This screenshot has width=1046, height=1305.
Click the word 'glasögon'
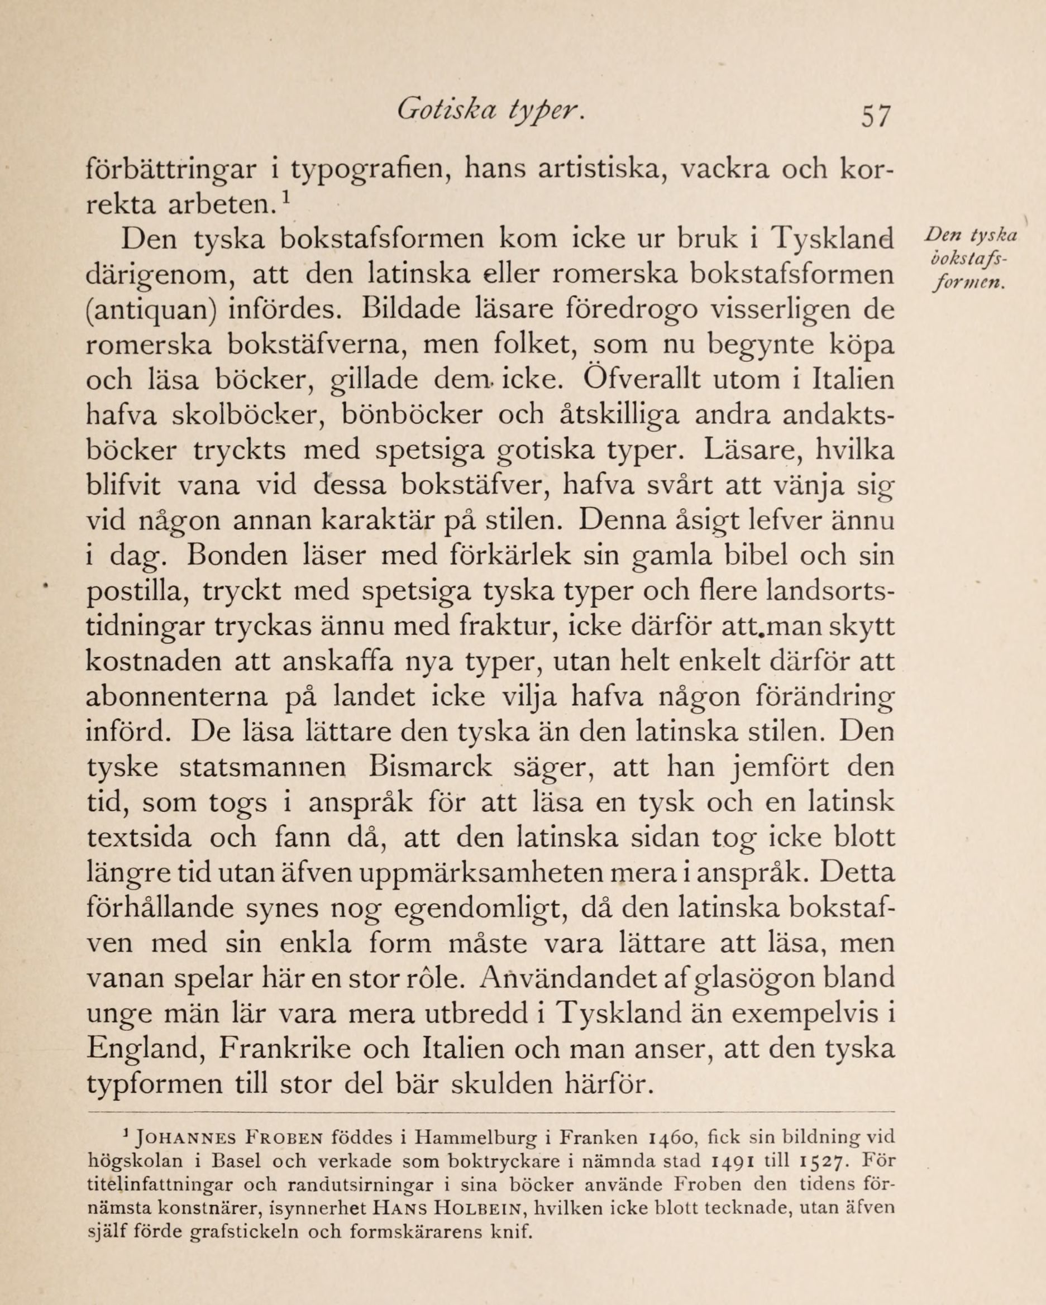[x=760, y=980]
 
